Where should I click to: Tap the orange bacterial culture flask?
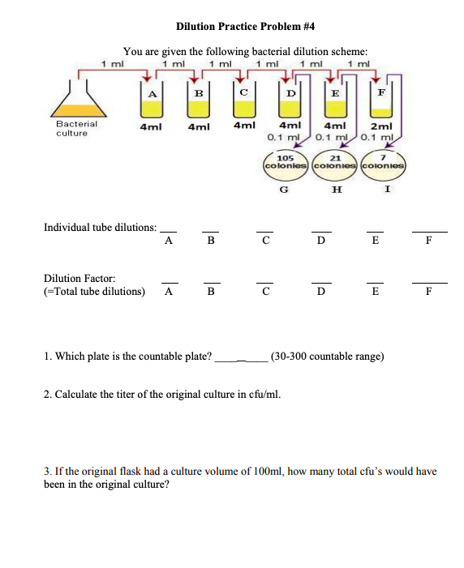[x=78, y=103]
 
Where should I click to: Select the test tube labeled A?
[x=149, y=102]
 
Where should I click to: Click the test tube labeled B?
[x=196, y=102]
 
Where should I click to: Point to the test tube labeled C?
[x=243, y=102]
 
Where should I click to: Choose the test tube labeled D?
[x=289, y=102]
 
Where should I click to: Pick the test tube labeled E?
[x=334, y=102]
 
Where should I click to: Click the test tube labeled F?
[x=380, y=102]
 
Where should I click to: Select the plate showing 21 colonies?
[x=335, y=162]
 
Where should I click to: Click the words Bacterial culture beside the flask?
[x=76, y=128]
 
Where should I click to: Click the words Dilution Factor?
[x=74, y=278]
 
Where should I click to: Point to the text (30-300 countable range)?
[x=327, y=355]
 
